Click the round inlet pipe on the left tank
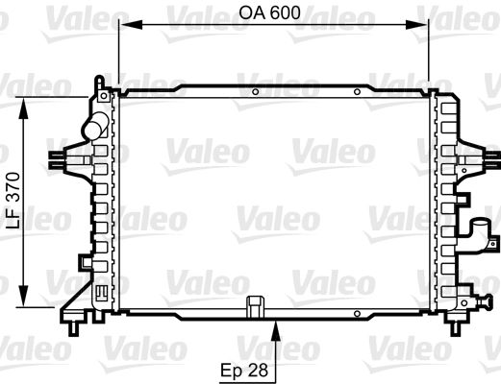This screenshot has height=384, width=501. pos(95,126)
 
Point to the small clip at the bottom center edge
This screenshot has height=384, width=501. pos(255,306)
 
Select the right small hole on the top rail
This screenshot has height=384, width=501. pos(357,93)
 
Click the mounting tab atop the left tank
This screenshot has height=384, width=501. pos(99,86)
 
